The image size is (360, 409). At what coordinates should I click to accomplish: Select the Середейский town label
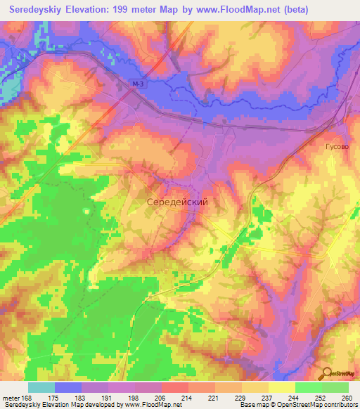point(177,202)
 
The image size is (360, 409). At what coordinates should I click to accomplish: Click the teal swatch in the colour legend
point(41,387)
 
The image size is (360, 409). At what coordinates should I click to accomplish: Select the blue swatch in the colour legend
point(68,387)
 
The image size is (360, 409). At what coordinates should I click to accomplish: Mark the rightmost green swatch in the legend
point(335,387)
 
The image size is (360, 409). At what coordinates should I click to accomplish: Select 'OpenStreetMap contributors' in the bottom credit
point(316,405)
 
